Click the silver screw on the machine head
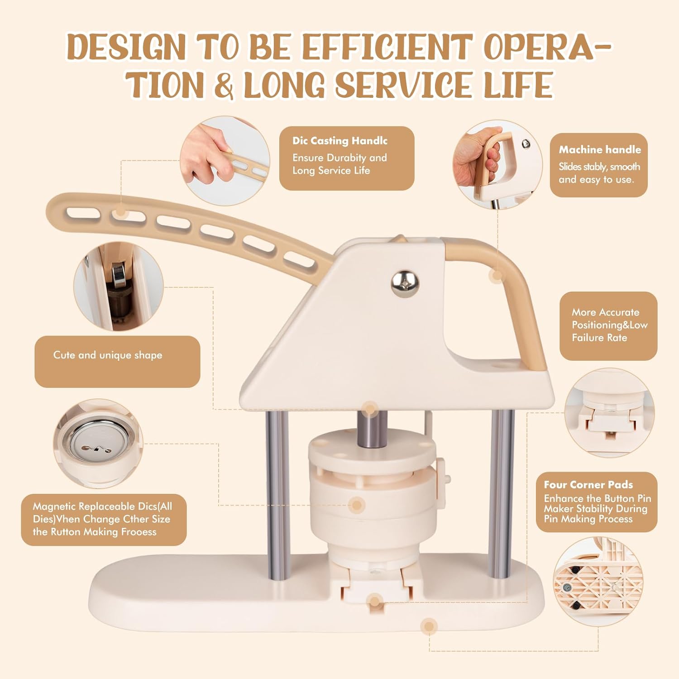pos(405,284)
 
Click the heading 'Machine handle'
pos(600,149)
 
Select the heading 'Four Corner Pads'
pos(588,484)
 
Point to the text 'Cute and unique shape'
pos(108,355)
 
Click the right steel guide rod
pos(502,493)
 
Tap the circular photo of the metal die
pos(98,443)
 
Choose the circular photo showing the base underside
pos(598,581)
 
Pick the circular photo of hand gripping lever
pos(225,161)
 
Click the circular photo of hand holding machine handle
pos(497,165)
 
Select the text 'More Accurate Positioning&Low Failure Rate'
pos(609,325)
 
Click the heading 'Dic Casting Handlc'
pos(340,141)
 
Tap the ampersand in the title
pos(224,85)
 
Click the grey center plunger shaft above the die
pos(372,428)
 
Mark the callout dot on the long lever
pos(120,212)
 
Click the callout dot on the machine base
pos(429,626)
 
